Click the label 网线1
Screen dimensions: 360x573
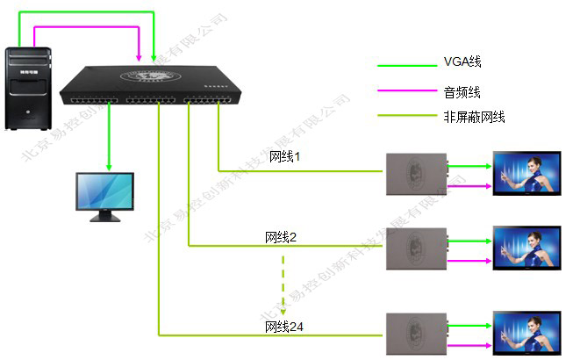(285, 157)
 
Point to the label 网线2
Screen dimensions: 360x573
(281, 237)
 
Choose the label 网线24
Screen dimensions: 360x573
(284, 327)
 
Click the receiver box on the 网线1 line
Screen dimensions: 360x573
(415, 172)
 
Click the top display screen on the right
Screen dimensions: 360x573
(525, 173)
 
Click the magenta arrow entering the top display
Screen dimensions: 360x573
(469, 185)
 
